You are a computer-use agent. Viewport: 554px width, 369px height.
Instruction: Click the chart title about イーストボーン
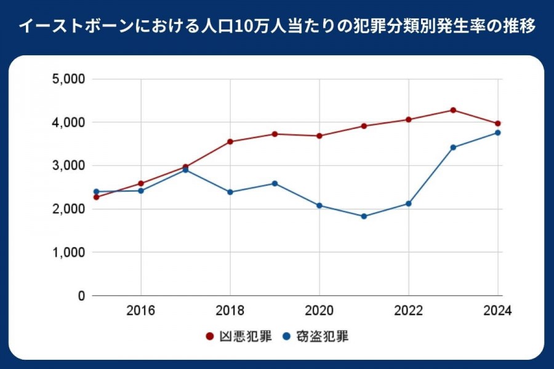(x=277, y=27)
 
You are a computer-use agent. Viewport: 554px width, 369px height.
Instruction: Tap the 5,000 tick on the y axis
(x=70, y=79)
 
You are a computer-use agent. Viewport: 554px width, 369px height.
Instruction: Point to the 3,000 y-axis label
(x=70, y=166)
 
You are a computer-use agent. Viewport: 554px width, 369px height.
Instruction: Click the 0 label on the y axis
(x=81, y=296)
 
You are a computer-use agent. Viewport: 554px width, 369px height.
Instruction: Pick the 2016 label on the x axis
(x=141, y=311)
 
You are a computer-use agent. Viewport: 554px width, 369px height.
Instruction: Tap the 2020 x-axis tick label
(x=319, y=311)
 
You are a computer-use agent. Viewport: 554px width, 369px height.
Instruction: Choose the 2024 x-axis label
(x=497, y=311)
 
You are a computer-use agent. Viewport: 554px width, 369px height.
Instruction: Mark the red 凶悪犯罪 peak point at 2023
(x=453, y=110)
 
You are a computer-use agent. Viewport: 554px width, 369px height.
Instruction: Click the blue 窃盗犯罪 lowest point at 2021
(x=364, y=216)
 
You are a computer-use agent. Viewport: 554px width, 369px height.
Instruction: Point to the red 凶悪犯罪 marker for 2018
(x=230, y=141)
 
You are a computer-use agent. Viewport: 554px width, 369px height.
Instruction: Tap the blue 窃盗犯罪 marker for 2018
(x=230, y=192)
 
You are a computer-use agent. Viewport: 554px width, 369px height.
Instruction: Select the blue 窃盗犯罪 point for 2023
(x=453, y=148)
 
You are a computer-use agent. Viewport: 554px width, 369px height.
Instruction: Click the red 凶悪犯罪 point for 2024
(x=497, y=124)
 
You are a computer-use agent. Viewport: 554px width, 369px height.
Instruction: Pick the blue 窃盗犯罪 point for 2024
(x=497, y=133)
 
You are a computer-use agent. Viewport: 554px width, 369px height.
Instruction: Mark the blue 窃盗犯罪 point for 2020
(x=319, y=205)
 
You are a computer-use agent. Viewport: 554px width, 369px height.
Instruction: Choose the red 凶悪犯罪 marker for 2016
(x=141, y=183)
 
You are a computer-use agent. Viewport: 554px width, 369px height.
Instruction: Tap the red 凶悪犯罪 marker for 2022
(x=408, y=119)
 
